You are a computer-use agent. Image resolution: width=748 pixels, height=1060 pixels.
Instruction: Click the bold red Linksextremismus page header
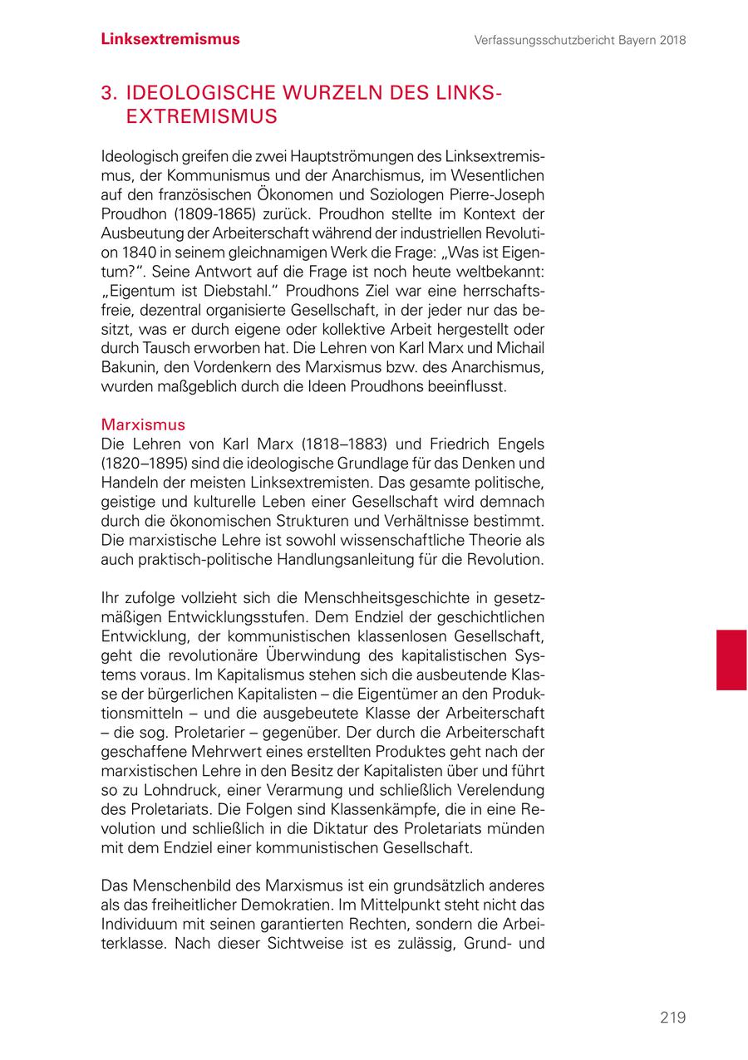click(x=170, y=39)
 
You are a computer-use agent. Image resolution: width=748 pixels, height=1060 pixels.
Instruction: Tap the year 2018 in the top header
click(x=671, y=40)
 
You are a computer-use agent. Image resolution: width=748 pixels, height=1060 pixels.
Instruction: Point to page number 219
click(x=672, y=1018)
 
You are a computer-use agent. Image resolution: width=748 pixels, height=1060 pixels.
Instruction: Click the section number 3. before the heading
click(x=108, y=92)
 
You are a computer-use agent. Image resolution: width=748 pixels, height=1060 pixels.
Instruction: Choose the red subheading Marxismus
click(x=143, y=425)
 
